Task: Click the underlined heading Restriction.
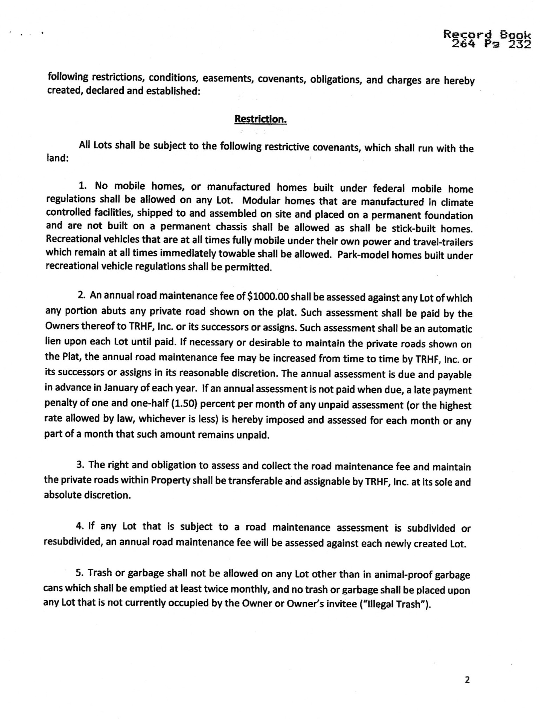point(261,119)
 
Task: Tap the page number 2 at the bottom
point(467,680)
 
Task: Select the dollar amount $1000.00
point(268,297)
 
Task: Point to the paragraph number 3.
point(80,465)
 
